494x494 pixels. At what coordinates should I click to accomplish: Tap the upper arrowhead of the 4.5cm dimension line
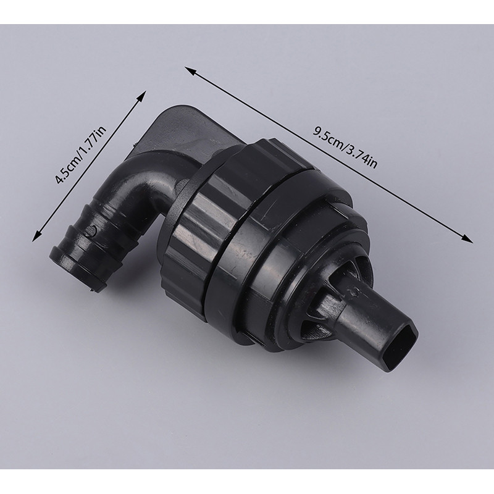click(142, 96)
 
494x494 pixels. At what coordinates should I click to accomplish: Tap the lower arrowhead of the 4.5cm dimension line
click(36, 237)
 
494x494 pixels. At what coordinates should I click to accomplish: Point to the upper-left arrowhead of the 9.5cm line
click(190, 70)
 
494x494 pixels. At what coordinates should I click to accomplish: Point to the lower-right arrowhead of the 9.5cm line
click(467, 240)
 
